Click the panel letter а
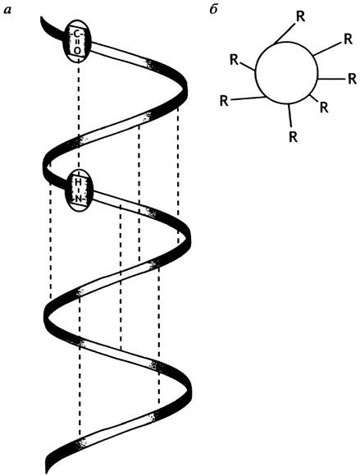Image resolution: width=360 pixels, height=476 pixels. pyautogui.click(x=7, y=11)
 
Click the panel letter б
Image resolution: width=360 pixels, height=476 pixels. pyautogui.click(x=213, y=9)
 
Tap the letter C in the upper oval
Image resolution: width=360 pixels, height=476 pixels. pyautogui.click(x=77, y=34)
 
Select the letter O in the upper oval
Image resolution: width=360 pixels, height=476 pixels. pyautogui.click(x=77, y=51)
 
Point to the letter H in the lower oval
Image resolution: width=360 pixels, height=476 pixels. pyautogui.click(x=78, y=183)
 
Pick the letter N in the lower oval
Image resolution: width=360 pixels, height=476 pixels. pyautogui.click(x=79, y=199)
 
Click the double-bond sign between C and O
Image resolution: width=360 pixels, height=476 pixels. pyautogui.click(x=77, y=43)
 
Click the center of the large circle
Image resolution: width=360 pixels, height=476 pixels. pyautogui.click(x=286, y=73)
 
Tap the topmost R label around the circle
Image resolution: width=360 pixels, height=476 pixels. pyautogui.click(x=300, y=17)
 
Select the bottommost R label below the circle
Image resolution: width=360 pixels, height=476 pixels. pyautogui.click(x=293, y=137)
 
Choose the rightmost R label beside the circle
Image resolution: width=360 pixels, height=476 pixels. pyautogui.click(x=352, y=79)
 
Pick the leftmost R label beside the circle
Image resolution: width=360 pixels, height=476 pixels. pyautogui.click(x=224, y=101)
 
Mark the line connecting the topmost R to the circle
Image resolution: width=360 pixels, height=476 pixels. pyautogui.click(x=285, y=33)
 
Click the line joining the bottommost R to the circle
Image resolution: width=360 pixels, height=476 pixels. pyautogui.click(x=289, y=115)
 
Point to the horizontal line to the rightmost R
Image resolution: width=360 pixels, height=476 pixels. pyautogui.click(x=331, y=79)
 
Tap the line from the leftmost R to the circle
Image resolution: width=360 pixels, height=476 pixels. pyautogui.click(x=247, y=98)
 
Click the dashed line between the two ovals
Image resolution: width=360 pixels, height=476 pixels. pyautogui.click(x=79, y=116)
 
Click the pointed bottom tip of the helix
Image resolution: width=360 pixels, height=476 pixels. pyautogui.click(x=47, y=473)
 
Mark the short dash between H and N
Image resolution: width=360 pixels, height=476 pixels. pyautogui.click(x=78, y=191)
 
